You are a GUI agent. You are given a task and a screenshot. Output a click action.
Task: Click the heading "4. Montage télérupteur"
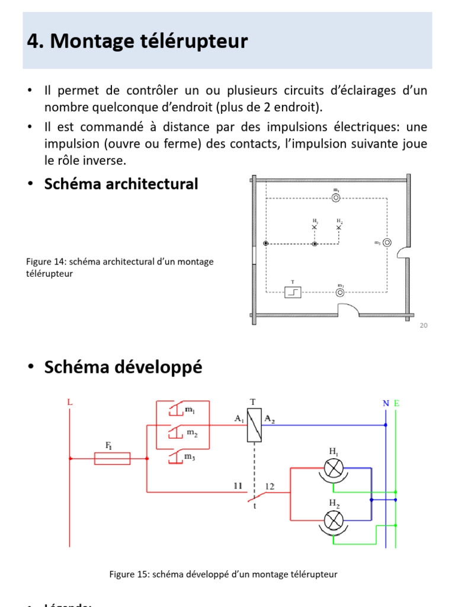coord(137,41)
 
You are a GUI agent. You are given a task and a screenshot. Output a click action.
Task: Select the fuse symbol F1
coord(113,458)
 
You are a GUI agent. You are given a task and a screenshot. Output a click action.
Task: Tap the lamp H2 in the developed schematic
coord(334,520)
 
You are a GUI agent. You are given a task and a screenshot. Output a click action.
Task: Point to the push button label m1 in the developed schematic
coord(191,410)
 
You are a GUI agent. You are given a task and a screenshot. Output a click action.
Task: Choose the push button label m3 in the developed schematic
coord(190,456)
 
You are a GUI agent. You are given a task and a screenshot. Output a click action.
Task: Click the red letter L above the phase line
coord(70,402)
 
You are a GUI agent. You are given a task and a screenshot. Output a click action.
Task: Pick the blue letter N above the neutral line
coord(386,403)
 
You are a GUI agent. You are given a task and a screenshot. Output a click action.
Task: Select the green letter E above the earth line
coord(396,403)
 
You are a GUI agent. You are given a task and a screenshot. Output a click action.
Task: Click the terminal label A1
coord(239,418)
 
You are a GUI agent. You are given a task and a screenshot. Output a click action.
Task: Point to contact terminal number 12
coord(270,486)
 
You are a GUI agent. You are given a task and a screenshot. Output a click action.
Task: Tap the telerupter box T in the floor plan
coord(293,292)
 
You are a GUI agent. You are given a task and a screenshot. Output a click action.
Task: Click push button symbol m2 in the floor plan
coord(387,242)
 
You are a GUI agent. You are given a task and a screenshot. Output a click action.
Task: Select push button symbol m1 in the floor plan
coord(336,197)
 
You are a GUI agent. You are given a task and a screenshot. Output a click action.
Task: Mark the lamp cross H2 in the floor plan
coord(339,227)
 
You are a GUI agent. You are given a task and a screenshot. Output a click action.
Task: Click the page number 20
coord(423,325)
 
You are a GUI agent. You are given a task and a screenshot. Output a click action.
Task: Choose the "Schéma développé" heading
coord(123,368)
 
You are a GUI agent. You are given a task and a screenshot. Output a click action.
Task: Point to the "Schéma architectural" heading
coord(121,184)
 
